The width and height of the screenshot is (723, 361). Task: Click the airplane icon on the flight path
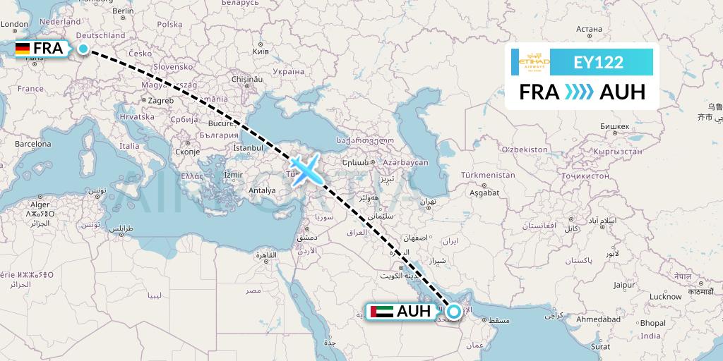pyautogui.click(x=306, y=169)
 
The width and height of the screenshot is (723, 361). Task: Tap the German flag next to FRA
pyautogui.click(x=23, y=49)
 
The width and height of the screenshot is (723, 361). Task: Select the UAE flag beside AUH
pyautogui.click(x=382, y=311)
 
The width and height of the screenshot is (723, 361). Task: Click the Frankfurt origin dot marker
pyautogui.click(x=83, y=49)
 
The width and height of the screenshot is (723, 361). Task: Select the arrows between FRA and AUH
pyautogui.click(x=579, y=92)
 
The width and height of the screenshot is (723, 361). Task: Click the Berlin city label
pyautogui.click(x=123, y=11)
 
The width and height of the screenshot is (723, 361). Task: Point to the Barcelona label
pyautogui.click(x=33, y=143)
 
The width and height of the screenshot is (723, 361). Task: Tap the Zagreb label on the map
pyautogui.click(x=160, y=101)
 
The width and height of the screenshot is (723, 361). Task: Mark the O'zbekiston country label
pyautogui.click(x=524, y=149)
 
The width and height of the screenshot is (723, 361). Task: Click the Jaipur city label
pyautogui.click(x=625, y=286)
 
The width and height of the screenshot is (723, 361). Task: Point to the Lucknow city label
pyautogui.click(x=666, y=296)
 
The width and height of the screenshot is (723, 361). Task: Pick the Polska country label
pyautogui.click(x=169, y=24)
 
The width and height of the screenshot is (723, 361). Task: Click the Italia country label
pyautogui.click(x=129, y=146)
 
